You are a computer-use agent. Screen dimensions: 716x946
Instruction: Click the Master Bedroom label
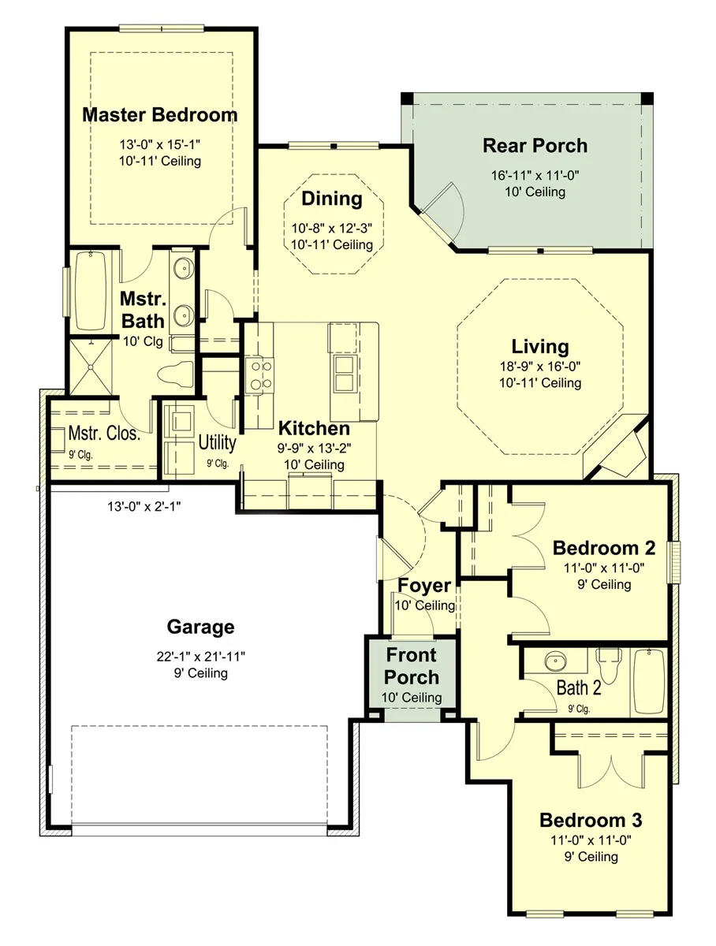click(x=159, y=115)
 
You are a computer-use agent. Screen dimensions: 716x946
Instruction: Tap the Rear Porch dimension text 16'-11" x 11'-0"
click(x=535, y=176)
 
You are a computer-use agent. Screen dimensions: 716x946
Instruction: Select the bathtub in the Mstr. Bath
click(x=91, y=292)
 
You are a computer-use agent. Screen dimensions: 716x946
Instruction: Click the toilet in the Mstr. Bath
click(x=176, y=373)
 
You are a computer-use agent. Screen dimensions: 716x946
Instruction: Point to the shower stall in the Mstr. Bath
click(x=91, y=367)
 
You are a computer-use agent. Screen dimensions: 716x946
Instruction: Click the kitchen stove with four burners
click(x=259, y=376)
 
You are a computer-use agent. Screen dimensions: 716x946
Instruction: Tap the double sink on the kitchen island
click(x=345, y=373)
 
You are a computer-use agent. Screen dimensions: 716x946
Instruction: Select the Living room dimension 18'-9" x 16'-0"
click(x=539, y=367)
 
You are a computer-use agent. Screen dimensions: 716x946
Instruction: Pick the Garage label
click(x=200, y=628)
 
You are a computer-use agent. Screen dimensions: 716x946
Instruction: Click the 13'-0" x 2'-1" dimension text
click(x=144, y=506)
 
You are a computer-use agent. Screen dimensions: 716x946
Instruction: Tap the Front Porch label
click(x=412, y=666)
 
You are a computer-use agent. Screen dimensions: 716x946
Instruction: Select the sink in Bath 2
click(x=555, y=661)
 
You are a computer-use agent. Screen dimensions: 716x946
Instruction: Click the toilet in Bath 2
click(x=609, y=665)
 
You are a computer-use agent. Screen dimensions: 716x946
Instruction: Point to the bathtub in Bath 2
click(x=649, y=682)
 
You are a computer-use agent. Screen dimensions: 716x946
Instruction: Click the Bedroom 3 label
click(x=591, y=821)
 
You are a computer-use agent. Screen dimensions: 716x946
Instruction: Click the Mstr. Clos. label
click(x=104, y=434)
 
